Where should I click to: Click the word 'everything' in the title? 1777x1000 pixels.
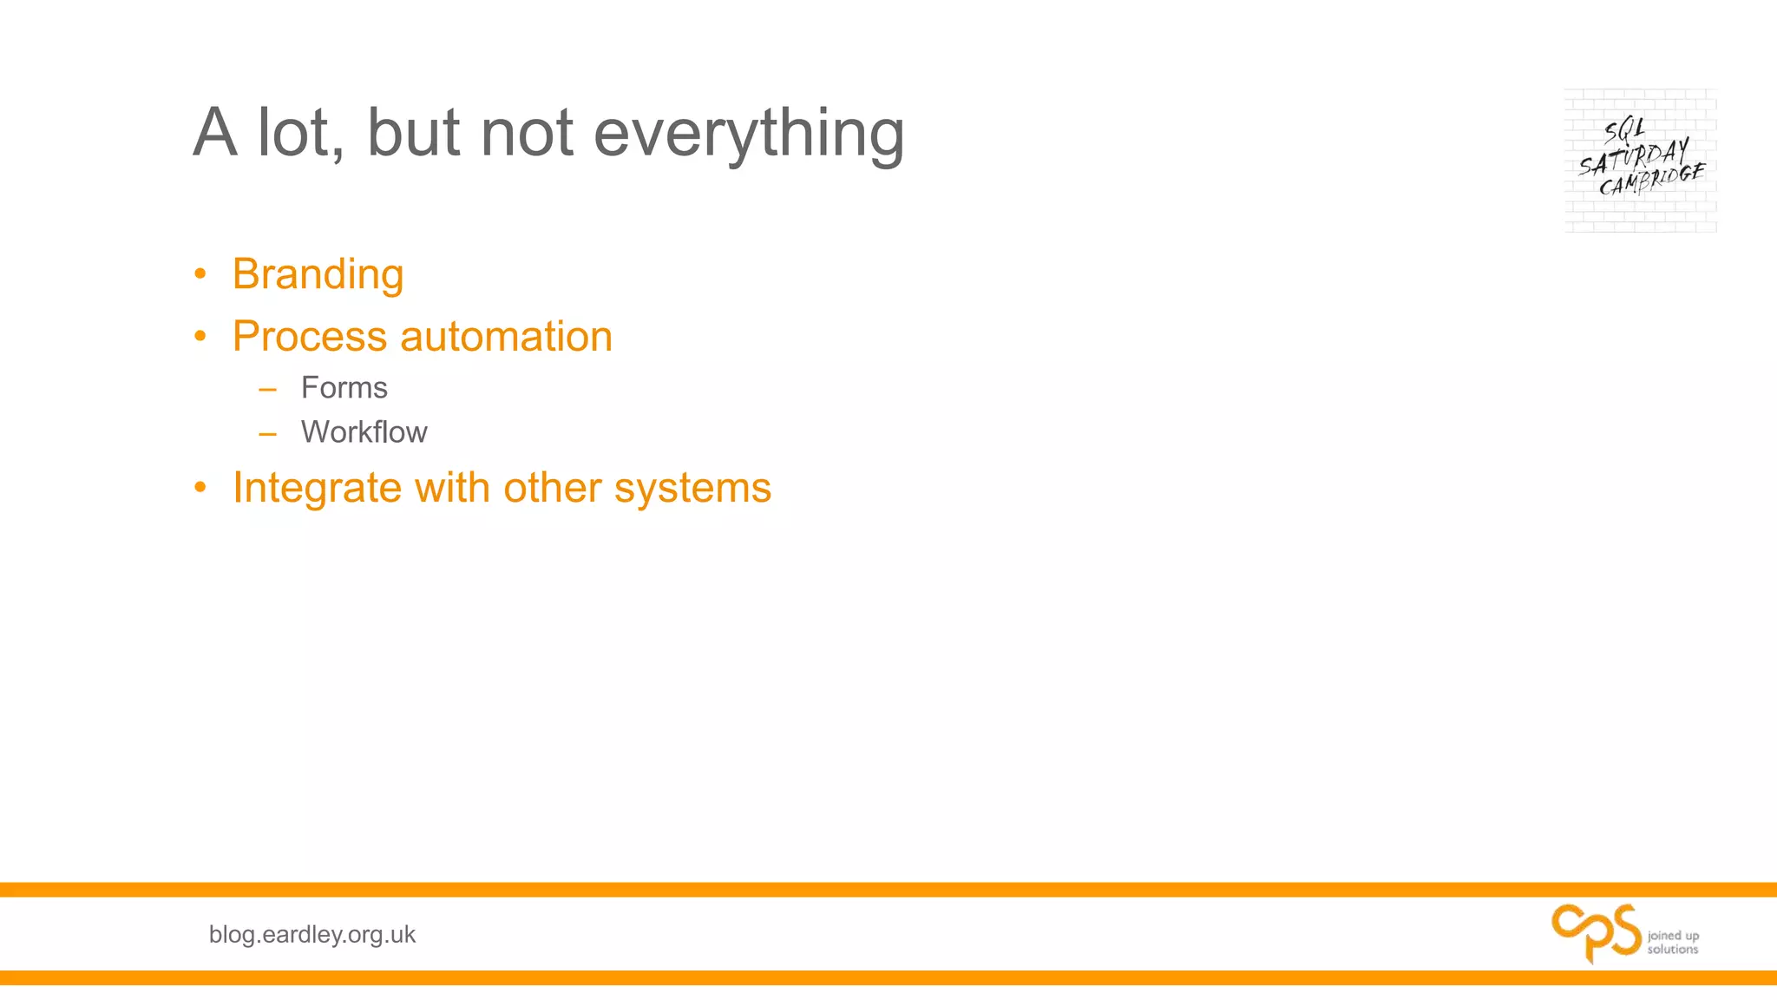[748, 135]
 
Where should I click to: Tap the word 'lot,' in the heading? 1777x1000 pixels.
[300, 135]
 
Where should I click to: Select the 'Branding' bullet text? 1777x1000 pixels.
[318, 274]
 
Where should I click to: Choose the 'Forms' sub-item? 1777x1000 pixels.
[344, 388]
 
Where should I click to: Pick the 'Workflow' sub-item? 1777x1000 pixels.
[364, 432]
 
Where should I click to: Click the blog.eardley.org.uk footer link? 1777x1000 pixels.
[312, 934]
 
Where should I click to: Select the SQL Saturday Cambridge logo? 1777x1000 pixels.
[1640, 160]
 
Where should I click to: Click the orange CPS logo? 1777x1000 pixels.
[1596, 932]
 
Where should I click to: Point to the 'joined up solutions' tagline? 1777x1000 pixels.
[1673, 942]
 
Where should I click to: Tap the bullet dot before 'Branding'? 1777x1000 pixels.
[200, 275]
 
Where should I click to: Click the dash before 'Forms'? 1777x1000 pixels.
[267, 389]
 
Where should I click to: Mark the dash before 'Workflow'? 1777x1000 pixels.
[267, 433]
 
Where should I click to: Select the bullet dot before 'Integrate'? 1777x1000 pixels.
[200, 488]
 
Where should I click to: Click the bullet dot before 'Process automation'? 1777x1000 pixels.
[200, 337]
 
